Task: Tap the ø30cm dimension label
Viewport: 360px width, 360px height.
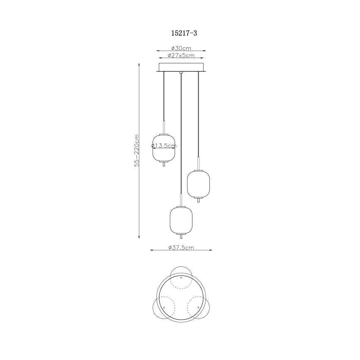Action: click(181, 48)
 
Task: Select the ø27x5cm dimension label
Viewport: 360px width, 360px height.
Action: click(181, 55)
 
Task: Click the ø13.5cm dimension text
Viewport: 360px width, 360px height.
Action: click(164, 146)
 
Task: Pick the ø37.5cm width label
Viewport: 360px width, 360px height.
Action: click(181, 248)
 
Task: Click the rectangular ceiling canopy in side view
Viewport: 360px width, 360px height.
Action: click(181, 67)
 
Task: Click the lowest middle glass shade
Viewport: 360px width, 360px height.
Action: click(181, 221)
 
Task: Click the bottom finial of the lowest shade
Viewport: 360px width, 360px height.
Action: click(181, 237)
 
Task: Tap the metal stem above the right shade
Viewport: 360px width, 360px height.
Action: click(198, 163)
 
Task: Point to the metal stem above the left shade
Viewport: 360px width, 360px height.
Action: click(164, 126)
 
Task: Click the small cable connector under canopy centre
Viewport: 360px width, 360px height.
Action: click(181, 73)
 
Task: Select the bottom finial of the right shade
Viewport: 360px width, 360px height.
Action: click(198, 201)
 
